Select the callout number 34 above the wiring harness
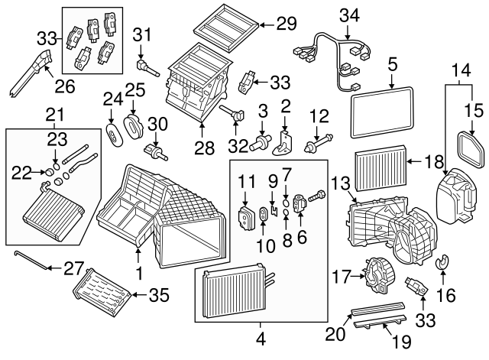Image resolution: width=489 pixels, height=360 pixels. (348, 14)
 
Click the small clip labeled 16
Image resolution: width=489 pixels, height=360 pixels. (441, 266)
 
